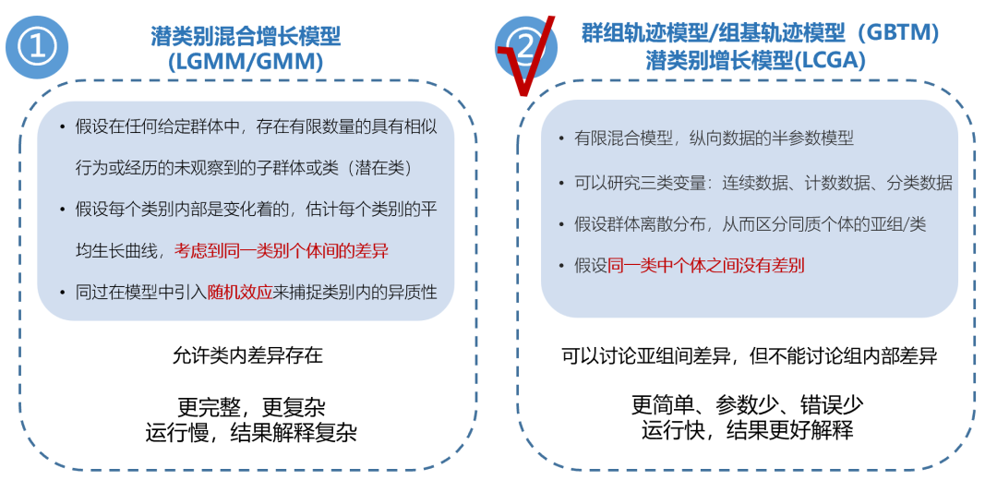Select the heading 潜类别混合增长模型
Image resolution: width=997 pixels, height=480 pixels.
[x=246, y=36]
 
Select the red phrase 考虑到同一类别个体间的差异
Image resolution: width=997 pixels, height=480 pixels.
[x=281, y=249]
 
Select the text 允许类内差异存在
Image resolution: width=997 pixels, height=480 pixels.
[x=247, y=355]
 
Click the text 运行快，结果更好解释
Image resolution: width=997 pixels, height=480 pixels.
[x=748, y=429]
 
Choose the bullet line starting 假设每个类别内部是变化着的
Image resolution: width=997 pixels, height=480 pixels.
[x=255, y=208]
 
